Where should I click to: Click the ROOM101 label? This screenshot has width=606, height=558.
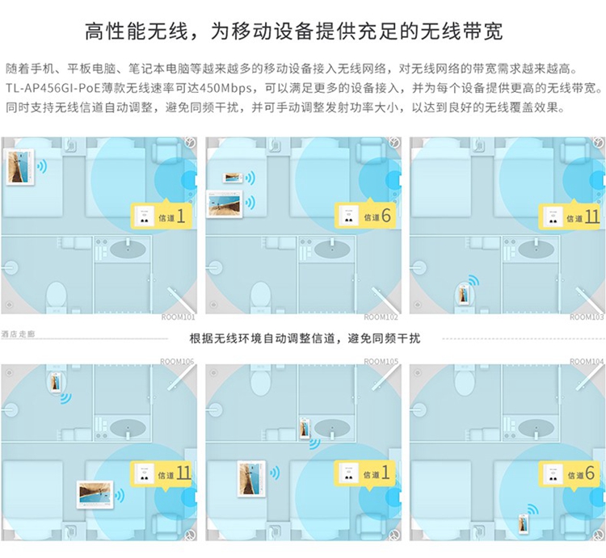[178, 317]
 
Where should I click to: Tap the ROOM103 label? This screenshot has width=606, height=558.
[587, 317]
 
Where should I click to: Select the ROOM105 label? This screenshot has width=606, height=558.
[381, 361]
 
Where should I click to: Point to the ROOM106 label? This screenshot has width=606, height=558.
[177, 361]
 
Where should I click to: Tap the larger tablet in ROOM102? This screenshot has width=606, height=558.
[225, 203]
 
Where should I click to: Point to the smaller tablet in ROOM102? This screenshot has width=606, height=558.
[233, 178]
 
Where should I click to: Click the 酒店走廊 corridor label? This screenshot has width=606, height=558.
[19, 333]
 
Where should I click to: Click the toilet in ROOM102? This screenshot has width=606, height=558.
[260, 295]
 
